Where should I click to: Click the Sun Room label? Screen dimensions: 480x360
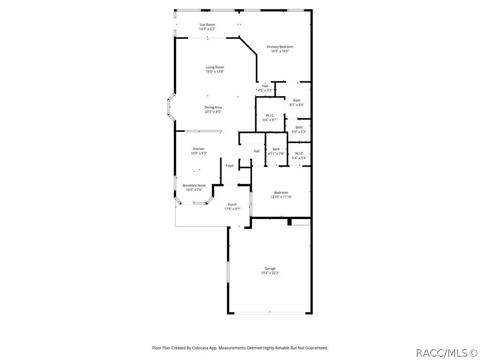point(207,24)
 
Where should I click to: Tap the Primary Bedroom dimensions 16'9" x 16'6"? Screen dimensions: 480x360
point(280,51)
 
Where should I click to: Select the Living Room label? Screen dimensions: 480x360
point(215,67)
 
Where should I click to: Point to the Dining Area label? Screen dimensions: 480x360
point(213,107)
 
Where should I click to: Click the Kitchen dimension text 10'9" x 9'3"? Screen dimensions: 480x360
point(199,153)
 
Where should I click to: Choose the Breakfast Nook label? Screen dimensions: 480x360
point(194,185)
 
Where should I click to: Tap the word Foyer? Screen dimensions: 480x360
point(230,165)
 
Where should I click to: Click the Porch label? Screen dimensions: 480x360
point(232,204)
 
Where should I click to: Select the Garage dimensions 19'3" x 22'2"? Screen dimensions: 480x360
point(270,273)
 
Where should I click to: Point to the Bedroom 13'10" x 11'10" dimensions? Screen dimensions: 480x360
point(281,197)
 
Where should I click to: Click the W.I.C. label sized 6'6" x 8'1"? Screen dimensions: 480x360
point(270,115)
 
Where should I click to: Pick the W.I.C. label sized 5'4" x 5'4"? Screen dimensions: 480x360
point(299,153)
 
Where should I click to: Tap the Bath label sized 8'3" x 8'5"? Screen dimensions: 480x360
point(297,100)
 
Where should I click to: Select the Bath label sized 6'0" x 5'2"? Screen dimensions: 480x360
point(299,127)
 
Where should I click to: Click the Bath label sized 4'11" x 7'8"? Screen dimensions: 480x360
point(276,149)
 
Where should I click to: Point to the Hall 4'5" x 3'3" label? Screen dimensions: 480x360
point(265,86)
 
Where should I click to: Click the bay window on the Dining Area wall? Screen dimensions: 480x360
point(168,107)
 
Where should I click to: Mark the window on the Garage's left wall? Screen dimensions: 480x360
point(228,272)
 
